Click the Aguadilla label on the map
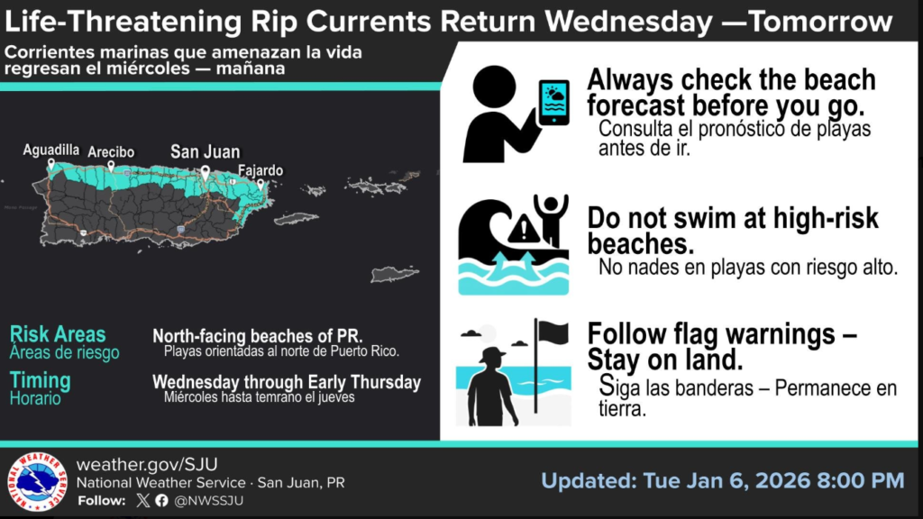pyautogui.click(x=51, y=150)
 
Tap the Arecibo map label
pyautogui.click(x=111, y=151)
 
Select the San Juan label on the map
pyautogui.click(x=205, y=151)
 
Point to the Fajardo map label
pyautogui.click(x=260, y=170)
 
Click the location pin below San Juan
pyautogui.click(x=205, y=172)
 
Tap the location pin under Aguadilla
pyautogui.click(x=51, y=164)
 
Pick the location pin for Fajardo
pyautogui.click(x=260, y=185)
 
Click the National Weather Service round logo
pyautogui.click(x=37, y=482)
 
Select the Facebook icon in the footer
pyautogui.click(x=162, y=501)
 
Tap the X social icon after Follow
pyautogui.click(x=143, y=501)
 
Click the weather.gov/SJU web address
pyautogui.click(x=147, y=464)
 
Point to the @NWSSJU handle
pyautogui.click(x=209, y=501)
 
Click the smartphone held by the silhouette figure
pyautogui.click(x=554, y=103)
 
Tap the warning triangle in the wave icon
pyautogui.click(x=523, y=230)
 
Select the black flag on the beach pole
pyautogui.click(x=553, y=333)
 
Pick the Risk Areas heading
pyautogui.click(x=58, y=334)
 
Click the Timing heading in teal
pyautogui.click(x=40, y=381)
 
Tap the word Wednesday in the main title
pyautogui.click(x=628, y=22)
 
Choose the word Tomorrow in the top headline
pyautogui.click(x=820, y=22)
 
